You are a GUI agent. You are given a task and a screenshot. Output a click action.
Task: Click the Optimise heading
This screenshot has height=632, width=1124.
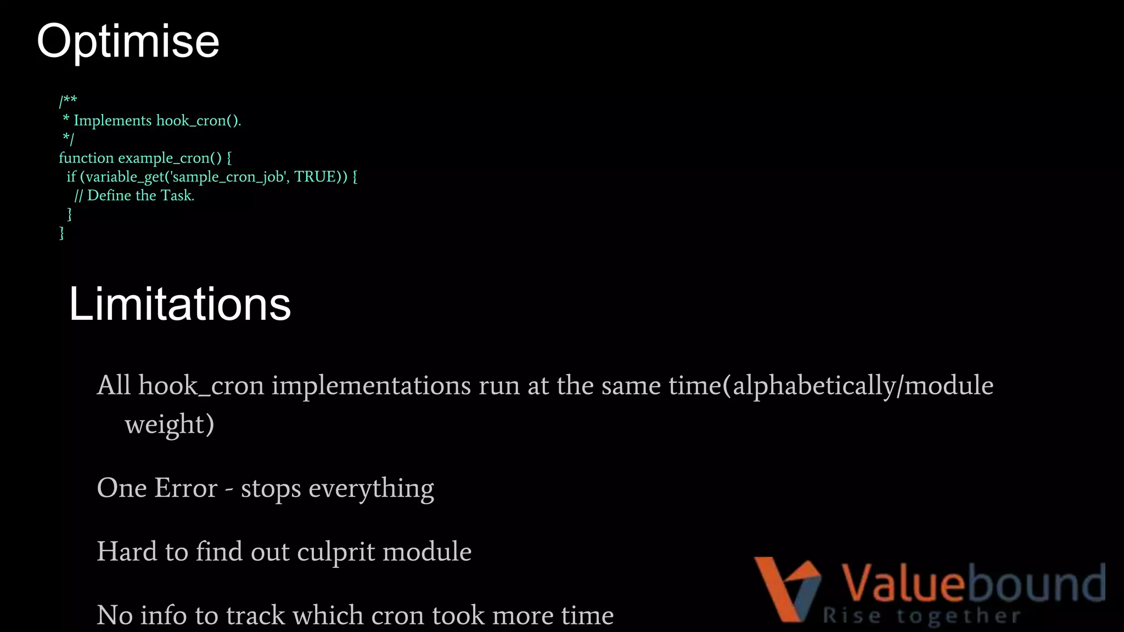point(128,42)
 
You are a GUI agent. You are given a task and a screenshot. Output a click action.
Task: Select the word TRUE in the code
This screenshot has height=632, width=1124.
point(315,177)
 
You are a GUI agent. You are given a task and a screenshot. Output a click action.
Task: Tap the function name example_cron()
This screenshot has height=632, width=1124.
point(170,158)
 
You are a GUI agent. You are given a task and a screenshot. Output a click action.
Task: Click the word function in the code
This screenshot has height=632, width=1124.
point(86,158)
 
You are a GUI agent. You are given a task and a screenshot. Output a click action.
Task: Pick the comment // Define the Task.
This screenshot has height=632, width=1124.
point(134,195)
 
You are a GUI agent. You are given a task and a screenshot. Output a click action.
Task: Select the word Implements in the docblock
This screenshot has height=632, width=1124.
point(113,121)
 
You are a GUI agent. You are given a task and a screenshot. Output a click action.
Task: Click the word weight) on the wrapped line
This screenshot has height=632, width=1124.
point(170,424)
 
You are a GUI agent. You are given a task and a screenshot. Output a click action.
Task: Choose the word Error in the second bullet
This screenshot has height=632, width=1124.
point(187,488)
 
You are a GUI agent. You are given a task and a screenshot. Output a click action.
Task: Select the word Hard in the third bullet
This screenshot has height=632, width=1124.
point(127,551)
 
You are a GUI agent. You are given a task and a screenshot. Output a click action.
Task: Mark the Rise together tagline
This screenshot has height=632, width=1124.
point(921,616)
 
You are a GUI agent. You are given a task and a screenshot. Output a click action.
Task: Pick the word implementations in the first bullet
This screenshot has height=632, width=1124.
point(371,385)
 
